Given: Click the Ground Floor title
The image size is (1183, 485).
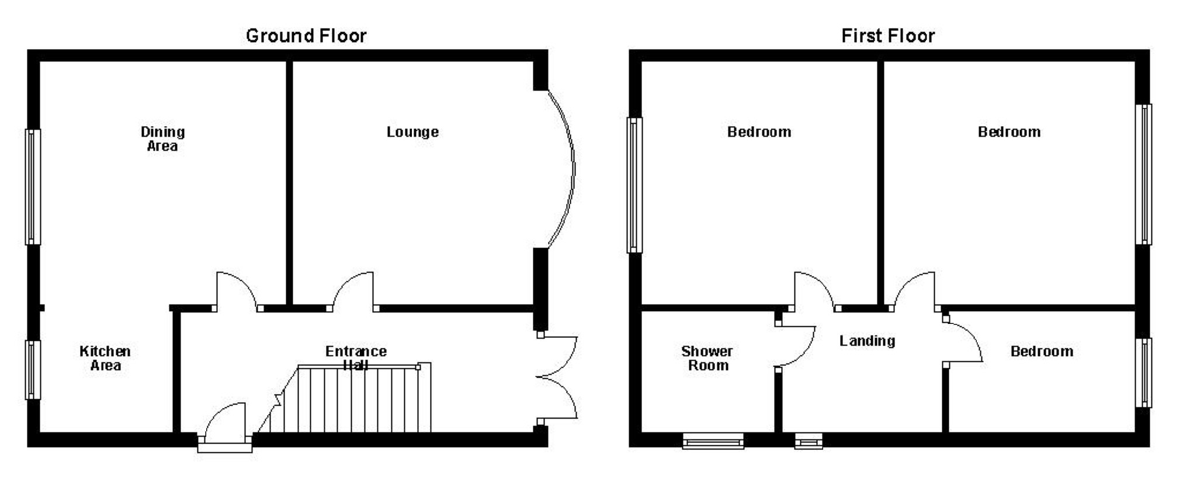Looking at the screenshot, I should [306, 36].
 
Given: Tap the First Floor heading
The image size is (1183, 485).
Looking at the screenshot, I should [887, 36].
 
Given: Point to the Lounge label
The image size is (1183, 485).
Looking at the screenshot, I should [412, 132].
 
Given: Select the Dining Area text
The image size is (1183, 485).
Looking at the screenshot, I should [162, 139].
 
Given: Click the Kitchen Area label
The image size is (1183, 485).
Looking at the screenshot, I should [105, 358].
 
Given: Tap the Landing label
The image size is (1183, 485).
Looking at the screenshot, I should [867, 341].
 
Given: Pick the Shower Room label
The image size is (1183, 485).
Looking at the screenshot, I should [707, 358].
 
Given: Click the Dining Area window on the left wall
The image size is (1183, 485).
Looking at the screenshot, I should [33, 187].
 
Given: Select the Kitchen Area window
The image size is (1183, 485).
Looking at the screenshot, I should [33, 369].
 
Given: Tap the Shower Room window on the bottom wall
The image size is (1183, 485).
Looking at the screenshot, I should [713, 441].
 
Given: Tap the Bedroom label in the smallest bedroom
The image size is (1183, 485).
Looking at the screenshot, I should [1042, 351].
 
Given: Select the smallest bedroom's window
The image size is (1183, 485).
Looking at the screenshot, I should [1143, 372].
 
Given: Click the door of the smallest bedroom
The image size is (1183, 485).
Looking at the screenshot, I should [963, 341].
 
